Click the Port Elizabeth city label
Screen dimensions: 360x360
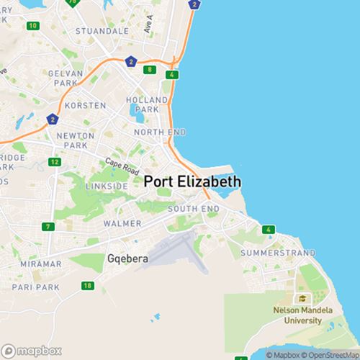192,182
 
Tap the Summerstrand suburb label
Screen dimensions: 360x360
278,253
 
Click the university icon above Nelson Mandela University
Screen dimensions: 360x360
302,298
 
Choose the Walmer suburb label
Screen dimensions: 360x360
122,224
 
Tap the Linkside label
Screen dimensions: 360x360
107,186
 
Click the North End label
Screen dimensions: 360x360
161,132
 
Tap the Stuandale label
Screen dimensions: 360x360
102,32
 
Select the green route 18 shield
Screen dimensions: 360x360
88,286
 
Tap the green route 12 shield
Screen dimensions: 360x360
55,161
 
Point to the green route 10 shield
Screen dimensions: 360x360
32,26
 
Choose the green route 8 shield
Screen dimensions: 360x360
149,70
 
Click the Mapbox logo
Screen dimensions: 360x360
32,350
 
